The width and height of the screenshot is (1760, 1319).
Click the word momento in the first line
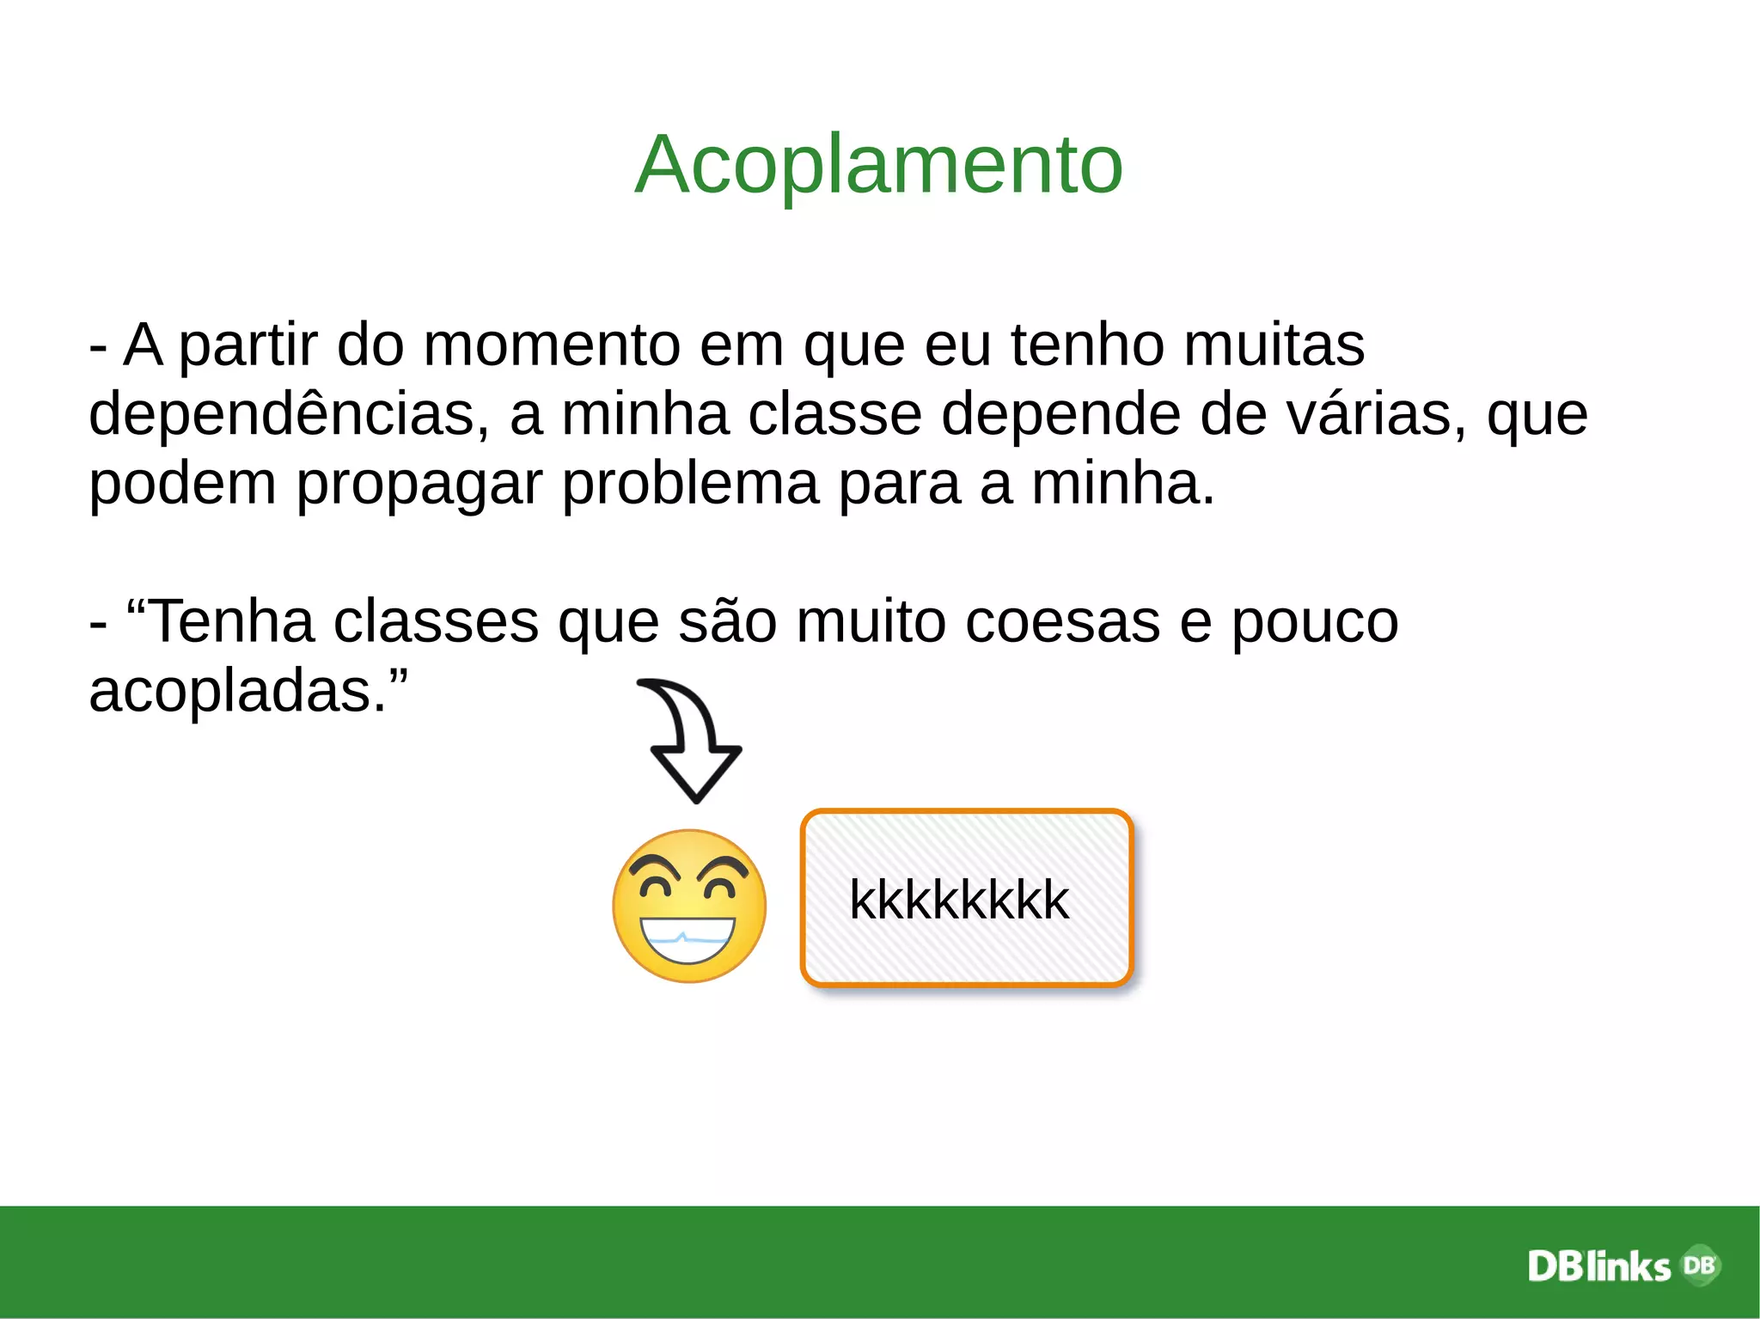click(x=560, y=345)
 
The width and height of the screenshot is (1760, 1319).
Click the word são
click(x=727, y=621)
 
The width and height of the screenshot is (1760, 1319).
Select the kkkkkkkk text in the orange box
click(x=959, y=900)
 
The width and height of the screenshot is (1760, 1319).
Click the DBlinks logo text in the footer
click(x=1598, y=1267)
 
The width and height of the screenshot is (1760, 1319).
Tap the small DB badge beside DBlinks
click(x=1699, y=1265)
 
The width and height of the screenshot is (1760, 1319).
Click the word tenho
click(x=1088, y=345)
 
